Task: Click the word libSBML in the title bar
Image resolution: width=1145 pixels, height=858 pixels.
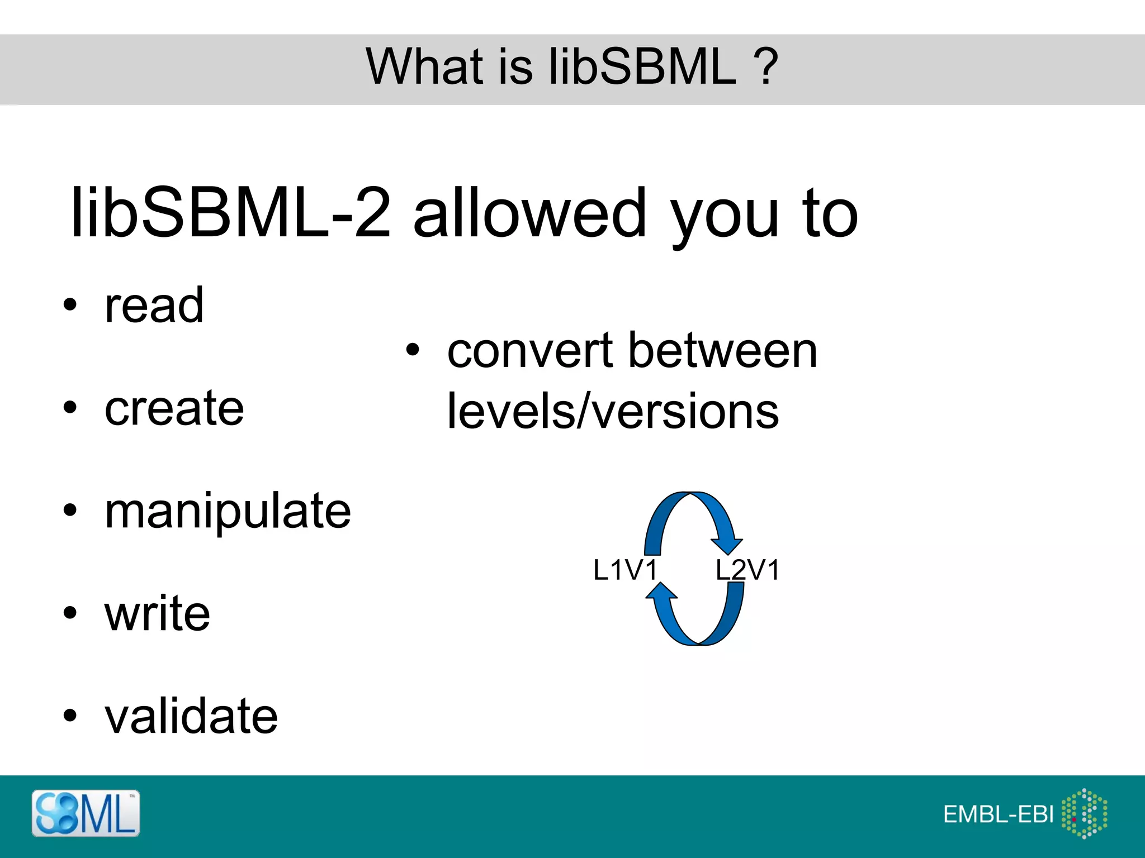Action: point(643,67)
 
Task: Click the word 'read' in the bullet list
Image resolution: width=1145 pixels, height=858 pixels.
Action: point(154,306)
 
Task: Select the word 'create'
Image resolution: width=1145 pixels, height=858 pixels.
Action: point(174,408)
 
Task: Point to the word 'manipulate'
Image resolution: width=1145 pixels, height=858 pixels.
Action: point(228,512)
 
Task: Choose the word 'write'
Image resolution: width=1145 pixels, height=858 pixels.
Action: point(157,614)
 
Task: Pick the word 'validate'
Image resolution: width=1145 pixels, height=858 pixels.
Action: point(191,716)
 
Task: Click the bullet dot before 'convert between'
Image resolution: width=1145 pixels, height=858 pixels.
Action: point(412,350)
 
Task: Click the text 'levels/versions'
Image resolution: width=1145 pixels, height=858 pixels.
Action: point(613,411)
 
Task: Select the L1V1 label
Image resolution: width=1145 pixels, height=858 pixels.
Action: point(625,570)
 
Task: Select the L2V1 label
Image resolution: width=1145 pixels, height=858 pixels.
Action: point(747,570)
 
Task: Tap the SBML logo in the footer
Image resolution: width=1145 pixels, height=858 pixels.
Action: point(86,813)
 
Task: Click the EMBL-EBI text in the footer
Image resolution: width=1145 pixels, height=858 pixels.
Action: point(998,814)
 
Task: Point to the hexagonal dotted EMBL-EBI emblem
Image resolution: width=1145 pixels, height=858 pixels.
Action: point(1084,813)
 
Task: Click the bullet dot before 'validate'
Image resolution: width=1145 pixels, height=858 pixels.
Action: point(69,716)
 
